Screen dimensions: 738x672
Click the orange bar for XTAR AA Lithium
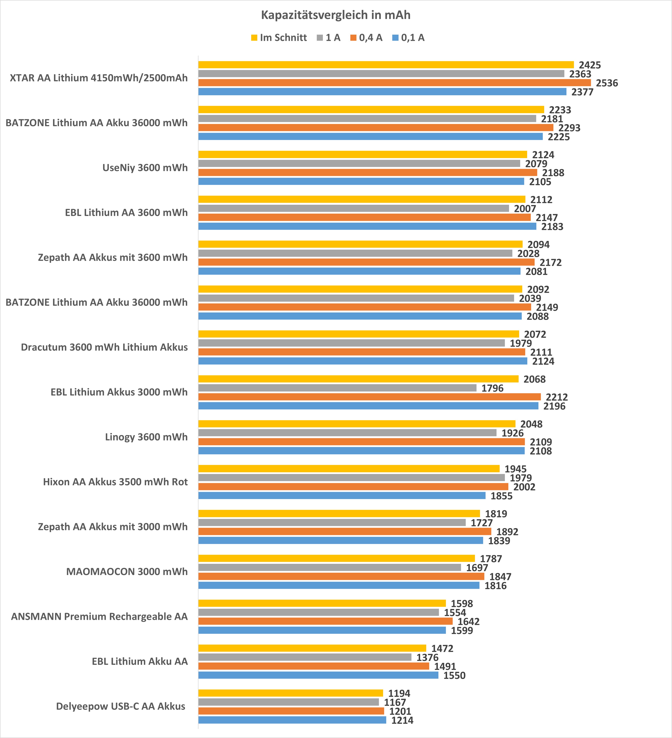click(x=394, y=83)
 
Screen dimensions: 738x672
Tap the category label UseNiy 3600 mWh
click(x=145, y=168)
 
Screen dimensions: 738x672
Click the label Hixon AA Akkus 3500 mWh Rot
click(x=115, y=482)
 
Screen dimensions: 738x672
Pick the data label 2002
click(x=524, y=487)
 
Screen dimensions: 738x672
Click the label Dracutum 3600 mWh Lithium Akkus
click(x=104, y=347)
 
